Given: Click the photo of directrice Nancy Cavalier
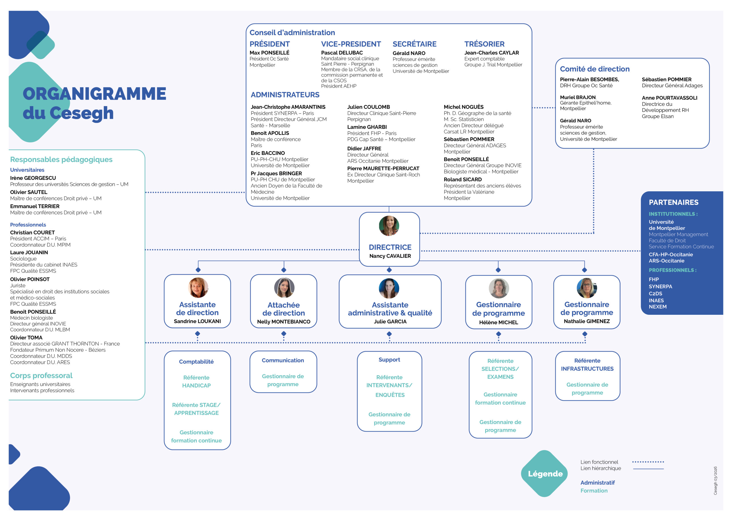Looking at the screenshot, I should pyautogui.click(x=389, y=226).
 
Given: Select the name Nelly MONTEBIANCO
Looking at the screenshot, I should pyautogui.click(x=283, y=321).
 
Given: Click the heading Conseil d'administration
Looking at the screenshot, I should pyautogui.click(x=292, y=33).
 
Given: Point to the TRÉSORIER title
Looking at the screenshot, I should pyautogui.click(x=484, y=44).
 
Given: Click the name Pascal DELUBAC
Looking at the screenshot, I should pyautogui.click(x=341, y=53).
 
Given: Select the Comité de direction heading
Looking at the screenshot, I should pyautogui.click(x=594, y=69).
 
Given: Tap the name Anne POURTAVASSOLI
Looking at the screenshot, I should pyautogui.click(x=669, y=98).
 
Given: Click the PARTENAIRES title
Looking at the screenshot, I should pyautogui.click(x=673, y=202).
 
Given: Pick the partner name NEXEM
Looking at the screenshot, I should pyautogui.click(x=657, y=306).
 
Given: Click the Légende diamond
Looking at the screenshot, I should pyautogui.click(x=545, y=473).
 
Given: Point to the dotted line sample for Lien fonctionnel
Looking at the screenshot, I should pyautogui.click(x=648, y=462).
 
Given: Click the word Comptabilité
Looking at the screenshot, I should pyautogui.click(x=196, y=362).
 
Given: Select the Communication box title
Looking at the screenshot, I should pyautogui.click(x=283, y=360).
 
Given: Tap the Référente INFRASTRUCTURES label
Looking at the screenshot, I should pyautogui.click(x=587, y=364).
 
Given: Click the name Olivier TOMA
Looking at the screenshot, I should pyautogui.click(x=26, y=337).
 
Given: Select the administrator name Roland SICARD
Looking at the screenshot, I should pyautogui.click(x=462, y=179).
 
